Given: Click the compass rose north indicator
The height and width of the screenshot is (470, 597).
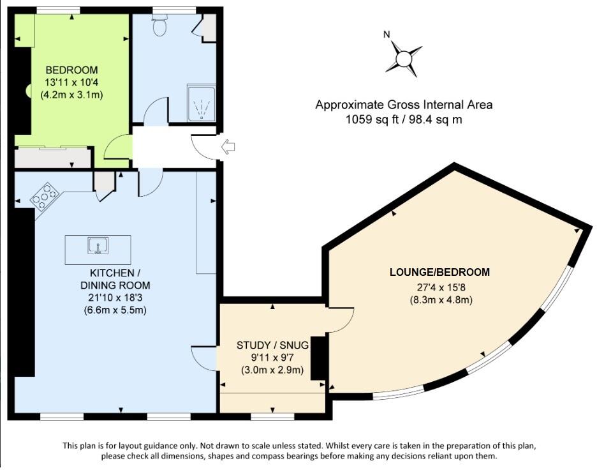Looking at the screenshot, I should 404,59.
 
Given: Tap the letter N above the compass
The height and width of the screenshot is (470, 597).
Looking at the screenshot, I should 387,34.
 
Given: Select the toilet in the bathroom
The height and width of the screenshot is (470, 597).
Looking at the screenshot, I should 160,26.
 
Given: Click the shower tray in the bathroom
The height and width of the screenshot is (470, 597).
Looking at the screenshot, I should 202,102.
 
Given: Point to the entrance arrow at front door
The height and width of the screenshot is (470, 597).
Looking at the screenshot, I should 227,148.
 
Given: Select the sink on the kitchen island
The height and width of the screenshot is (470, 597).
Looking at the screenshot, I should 98,245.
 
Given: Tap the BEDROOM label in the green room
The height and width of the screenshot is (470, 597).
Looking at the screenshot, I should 71,70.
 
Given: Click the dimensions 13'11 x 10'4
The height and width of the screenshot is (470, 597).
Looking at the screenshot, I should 71,82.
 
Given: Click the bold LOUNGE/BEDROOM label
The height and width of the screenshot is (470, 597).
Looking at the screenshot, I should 439,272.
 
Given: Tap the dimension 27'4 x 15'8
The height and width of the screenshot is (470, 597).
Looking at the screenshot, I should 440,287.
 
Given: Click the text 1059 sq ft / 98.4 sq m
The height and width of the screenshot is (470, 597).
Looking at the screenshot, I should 404,119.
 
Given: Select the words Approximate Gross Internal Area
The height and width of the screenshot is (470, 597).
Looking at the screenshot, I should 404,105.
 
